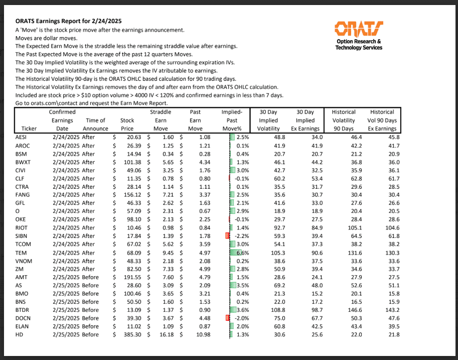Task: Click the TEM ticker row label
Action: click(x=21, y=253)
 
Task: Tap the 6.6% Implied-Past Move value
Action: click(x=243, y=253)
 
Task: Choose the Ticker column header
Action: click(x=25, y=129)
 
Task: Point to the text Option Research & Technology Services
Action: click(x=358, y=44)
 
